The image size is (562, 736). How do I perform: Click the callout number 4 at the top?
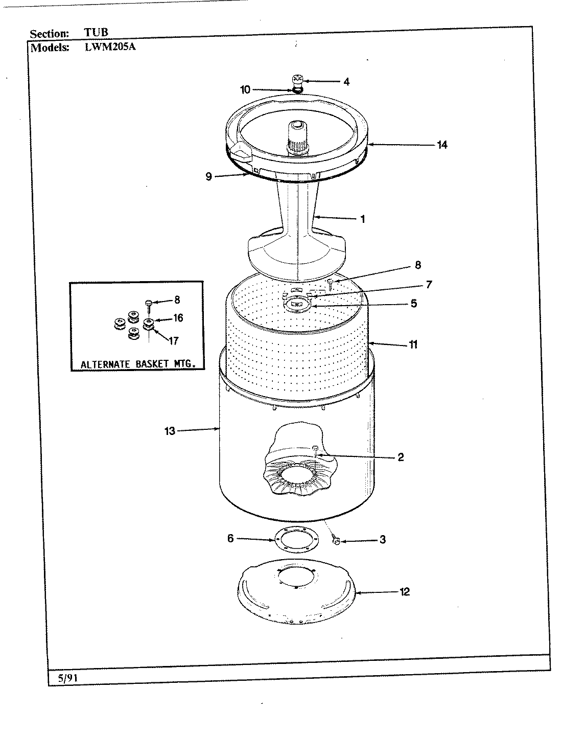click(346, 81)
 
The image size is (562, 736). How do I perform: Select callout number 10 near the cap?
click(245, 89)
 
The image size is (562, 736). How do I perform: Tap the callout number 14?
click(442, 145)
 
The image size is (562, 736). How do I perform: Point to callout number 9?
click(208, 176)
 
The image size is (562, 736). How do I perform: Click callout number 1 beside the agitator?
click(362, 219)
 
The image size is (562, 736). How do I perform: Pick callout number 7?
click(429, 284)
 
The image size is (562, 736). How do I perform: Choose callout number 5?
click(413, 303)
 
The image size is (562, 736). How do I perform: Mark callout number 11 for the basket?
click(413, 344)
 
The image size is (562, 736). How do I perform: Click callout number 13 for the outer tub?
click(170, 431)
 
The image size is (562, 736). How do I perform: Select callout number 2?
click(401, 457)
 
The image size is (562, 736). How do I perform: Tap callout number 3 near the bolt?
click(383, 539)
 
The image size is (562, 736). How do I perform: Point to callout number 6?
click(230, 538)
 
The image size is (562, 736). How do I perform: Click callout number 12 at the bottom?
click(405, 592)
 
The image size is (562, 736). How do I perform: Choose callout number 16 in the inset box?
click(178, 318)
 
